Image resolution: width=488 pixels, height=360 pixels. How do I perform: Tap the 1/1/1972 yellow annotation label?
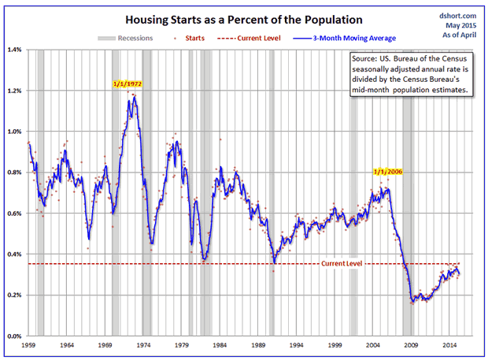coord(128,84)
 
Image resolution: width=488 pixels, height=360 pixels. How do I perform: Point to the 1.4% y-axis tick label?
coord(15,50)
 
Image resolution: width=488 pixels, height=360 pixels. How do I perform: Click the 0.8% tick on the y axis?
coord(15,173)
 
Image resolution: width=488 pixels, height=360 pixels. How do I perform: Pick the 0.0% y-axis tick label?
coord(15,336)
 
